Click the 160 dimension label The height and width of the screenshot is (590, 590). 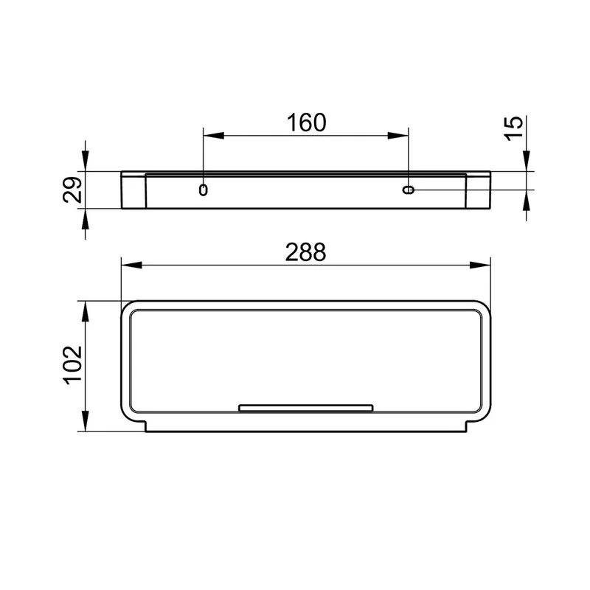306,122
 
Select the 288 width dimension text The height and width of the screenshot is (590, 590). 305,252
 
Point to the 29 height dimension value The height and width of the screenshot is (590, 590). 72,190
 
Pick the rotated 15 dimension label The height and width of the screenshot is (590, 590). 514,128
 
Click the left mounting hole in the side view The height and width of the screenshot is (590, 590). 204,190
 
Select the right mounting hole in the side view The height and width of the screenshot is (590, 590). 409,190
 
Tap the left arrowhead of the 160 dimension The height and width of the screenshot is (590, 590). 214,136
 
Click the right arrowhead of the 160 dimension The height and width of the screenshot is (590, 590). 398,136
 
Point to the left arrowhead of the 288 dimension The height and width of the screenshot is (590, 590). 132,265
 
